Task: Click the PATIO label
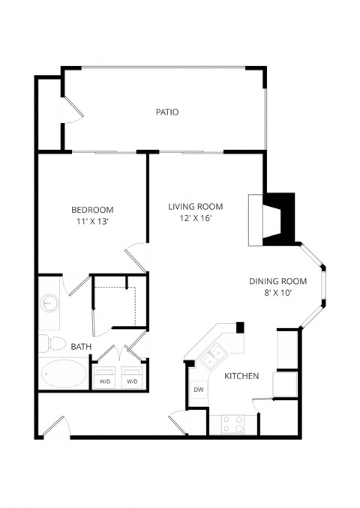pos(166,112)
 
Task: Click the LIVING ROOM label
pos(196,207)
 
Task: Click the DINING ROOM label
pos(278,282)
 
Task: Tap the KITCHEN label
pos(241,376)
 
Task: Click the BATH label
pos(81,347)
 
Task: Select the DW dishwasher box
pos(199,390)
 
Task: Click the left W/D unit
pos(103,376)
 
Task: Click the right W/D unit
pos(132,376)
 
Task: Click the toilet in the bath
pos(51,344)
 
